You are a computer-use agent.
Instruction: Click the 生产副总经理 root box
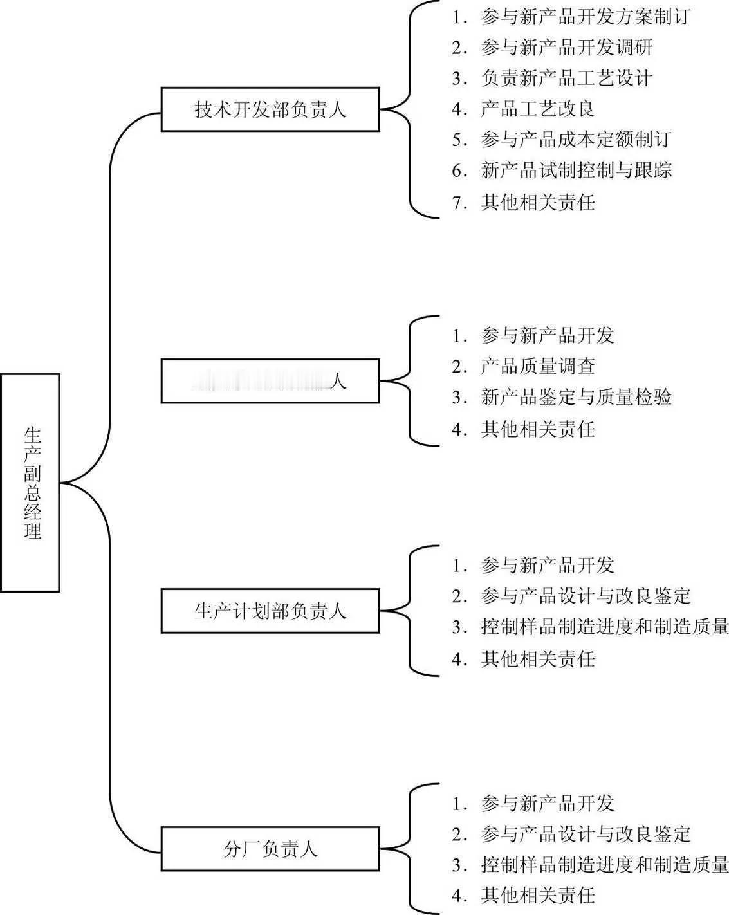click(30, 482)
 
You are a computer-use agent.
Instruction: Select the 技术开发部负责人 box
click(270, 110)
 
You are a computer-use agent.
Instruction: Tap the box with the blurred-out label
click(270, 381)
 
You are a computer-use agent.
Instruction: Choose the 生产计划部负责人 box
click(270, 611)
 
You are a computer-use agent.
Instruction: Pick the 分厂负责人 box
click(270, 849)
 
